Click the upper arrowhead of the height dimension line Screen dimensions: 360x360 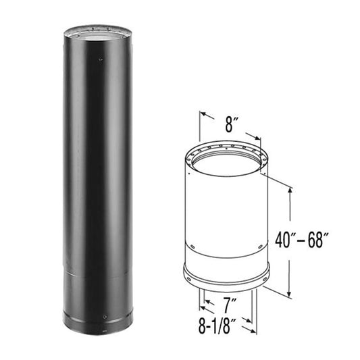click(x=290, y=190)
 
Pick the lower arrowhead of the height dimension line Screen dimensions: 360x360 click(x=290, y=296)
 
